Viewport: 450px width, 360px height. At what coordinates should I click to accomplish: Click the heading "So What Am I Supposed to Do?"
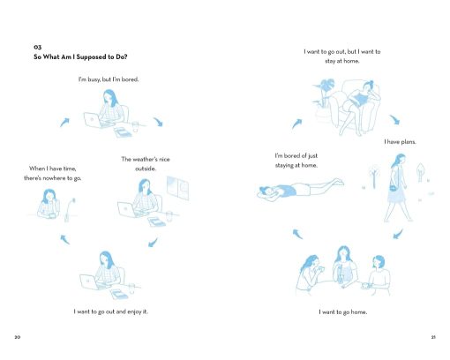(80, 56)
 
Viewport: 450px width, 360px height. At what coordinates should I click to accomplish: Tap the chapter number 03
(37, 47)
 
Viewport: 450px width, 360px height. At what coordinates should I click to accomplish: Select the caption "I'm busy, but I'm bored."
(109, 79)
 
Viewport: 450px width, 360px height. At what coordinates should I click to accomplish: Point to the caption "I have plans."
(400, 142)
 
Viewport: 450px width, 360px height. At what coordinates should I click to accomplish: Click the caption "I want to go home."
(343, 311)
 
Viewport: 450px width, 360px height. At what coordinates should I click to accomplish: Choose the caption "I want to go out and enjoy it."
(111, 311)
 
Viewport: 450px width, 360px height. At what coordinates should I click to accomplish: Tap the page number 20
(18, 337)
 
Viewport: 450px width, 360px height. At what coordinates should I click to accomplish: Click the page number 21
(433, 337)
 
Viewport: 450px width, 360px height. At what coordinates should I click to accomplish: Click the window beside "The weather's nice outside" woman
(177, 188)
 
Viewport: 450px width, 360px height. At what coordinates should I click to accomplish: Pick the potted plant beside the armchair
(323, 97)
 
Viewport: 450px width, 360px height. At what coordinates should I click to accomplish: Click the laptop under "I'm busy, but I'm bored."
(94, 120)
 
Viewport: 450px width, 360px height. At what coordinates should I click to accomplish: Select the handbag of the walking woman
(393, 187)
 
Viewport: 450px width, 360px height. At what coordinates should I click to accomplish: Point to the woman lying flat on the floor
(300, 188)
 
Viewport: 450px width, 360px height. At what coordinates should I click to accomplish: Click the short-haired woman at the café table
(379, 275)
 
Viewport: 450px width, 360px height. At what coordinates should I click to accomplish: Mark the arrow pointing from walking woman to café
(398, 234)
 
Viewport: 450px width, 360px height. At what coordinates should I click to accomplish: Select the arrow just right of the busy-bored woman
(158, 121)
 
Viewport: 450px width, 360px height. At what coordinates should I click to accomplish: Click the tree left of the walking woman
(374, 176)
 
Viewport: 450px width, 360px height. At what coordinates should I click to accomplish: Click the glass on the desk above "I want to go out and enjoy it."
(131, 288)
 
